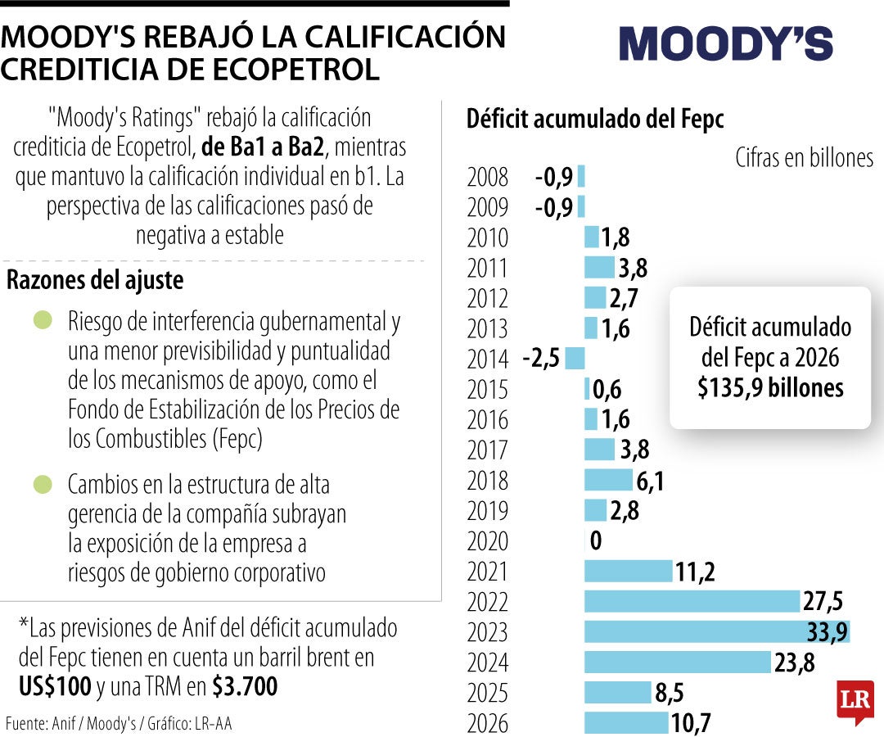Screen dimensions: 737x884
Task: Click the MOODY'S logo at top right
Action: coord(725,43)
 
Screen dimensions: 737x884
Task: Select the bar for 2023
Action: coord(716,631)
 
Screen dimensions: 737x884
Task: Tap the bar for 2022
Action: coord(692,601)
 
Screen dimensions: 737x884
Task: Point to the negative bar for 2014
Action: coord(575,358)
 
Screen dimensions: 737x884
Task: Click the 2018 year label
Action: coord(487,481)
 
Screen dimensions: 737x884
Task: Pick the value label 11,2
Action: coord(695,572)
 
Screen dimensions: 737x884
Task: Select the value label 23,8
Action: coord(794,662)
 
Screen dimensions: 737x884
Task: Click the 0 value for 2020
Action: coord(595,541)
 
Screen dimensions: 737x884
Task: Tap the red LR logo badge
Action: coord(855,701)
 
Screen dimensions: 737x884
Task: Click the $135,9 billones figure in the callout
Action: coord(770,387)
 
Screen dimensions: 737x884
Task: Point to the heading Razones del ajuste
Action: coord(95,280)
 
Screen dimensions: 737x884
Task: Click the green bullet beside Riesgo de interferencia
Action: coord(43,320)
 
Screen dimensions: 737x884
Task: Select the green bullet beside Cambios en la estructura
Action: coord(43,484)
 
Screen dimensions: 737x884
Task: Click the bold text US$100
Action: coord(54,686)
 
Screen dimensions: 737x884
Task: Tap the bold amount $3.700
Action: coord(245,686)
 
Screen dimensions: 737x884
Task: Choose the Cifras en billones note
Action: coord(804,157)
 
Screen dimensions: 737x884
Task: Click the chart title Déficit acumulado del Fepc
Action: coord(595,119)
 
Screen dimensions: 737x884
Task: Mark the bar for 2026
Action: coord(626,722)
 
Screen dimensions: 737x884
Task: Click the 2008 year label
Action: coord(487,177)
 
